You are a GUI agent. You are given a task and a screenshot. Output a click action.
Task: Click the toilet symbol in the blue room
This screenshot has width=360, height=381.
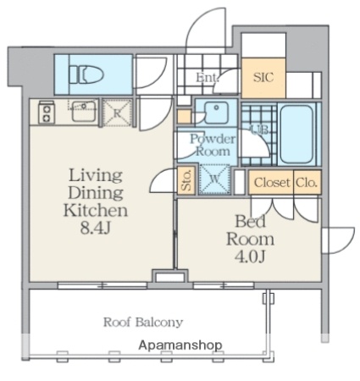click(x=86, y=75)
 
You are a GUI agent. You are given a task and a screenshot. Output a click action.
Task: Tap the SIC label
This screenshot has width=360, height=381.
click(x=263, y=77)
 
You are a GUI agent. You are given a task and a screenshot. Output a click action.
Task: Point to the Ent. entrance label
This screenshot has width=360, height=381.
click(x=208, y=77)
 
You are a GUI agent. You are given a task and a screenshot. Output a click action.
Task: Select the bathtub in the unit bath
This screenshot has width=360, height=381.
click(x=296, y=134)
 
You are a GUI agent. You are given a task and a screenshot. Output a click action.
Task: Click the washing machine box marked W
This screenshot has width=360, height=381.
click(x=214, y=179)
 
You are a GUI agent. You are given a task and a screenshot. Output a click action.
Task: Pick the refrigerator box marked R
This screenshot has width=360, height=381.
click(x=117, y=113)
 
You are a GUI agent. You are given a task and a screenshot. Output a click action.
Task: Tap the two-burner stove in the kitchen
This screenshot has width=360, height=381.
click(x=47, y=112)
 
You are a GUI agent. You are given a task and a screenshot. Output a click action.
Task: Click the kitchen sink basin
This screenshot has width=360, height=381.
click(x=84, y=111)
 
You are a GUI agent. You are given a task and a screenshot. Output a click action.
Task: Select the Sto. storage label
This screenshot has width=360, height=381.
click(x=186, y=180)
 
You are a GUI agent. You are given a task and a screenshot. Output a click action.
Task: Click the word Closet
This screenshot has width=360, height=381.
click(x=272, y=183)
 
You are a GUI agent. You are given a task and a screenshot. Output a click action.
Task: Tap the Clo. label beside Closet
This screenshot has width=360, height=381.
click(x=307, y=183)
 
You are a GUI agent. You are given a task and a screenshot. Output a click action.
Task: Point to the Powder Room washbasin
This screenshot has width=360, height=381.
click(x=216, y=113)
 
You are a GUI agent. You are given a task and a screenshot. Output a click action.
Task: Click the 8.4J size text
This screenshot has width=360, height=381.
click(x=95, y=228)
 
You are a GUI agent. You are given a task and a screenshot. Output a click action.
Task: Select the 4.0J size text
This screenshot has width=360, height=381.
click(x=250, y=257)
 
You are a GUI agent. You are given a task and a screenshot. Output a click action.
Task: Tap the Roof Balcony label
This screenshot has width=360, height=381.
click(x=143, y=322)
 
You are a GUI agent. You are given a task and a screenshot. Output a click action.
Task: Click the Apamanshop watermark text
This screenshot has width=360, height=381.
click(x=180, y=345)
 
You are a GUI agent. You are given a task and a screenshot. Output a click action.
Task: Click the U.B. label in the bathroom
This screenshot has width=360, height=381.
click(x=261, y=130)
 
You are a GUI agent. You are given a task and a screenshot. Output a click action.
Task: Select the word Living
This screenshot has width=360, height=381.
click(x=96, y=175)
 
